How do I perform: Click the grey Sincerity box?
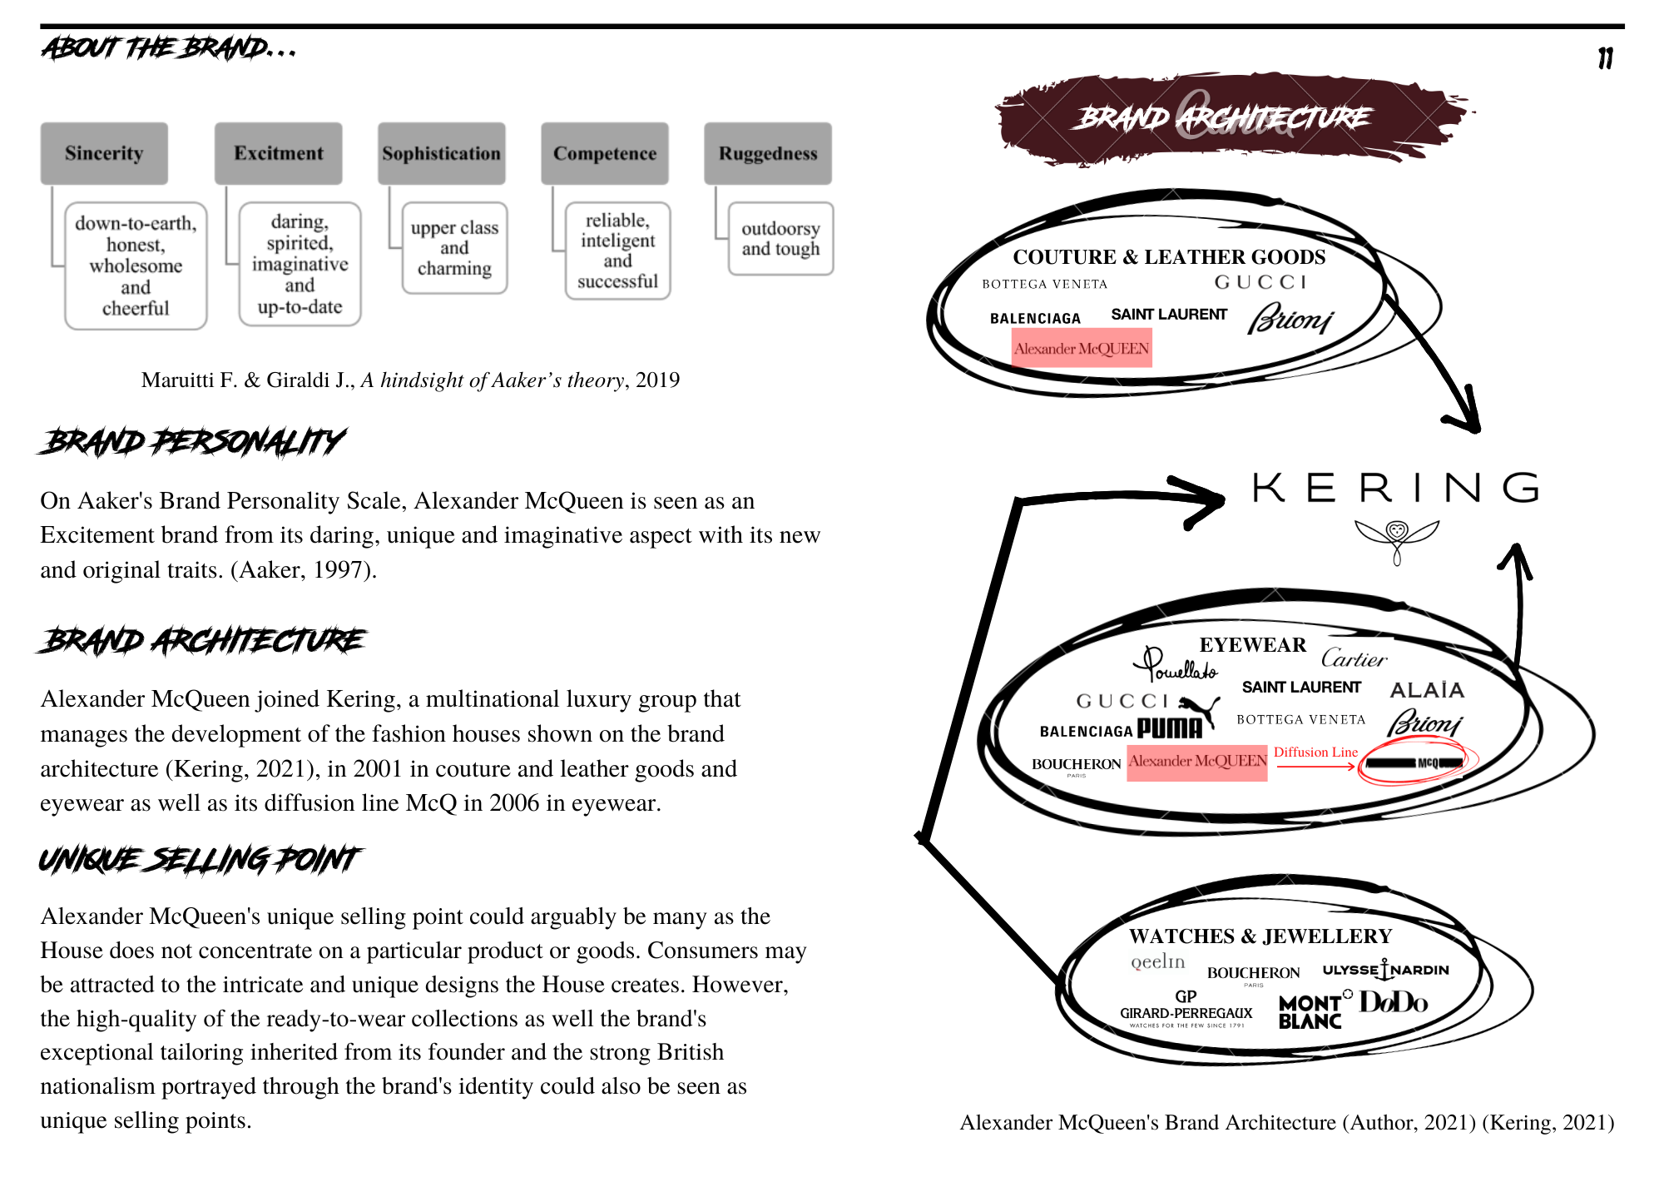[104, 153]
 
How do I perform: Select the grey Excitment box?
[278, 153]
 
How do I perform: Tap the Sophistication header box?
[441, 153]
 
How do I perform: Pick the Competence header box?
[604, 153]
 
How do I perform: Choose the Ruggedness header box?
[767, 153]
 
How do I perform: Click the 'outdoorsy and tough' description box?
[780, 239]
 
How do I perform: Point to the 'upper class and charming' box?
[454, 248]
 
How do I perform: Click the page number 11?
[1605, 58]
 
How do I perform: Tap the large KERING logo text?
[1395, 488]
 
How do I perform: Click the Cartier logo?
[1354, 659]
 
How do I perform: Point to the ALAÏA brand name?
[1427, 690]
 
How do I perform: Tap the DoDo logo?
[1394, 1002]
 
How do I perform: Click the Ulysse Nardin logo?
[1385, 970]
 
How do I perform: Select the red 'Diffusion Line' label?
[1315, 752]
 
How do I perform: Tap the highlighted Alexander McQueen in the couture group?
[1082, 349]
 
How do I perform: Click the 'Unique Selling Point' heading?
[200, 859]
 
